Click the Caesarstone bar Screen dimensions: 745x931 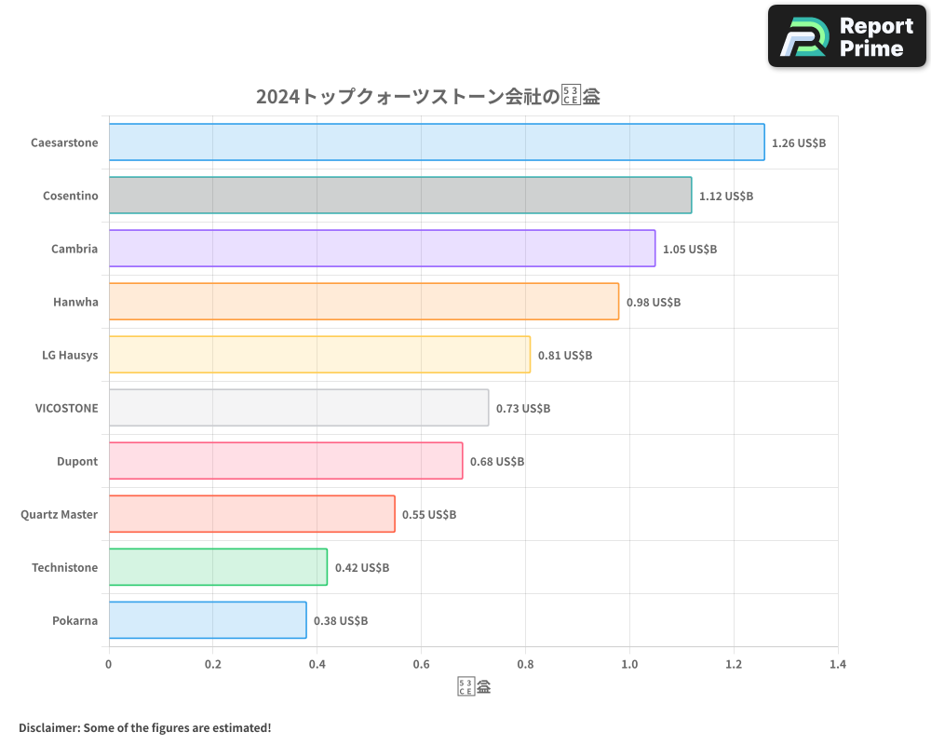coord(437,142)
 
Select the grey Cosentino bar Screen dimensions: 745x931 coord(400,196)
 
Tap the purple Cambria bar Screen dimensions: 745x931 coord(382,249)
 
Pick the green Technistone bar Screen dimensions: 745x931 coord(218,567)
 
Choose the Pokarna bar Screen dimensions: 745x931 coord(208,620)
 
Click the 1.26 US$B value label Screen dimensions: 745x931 coord(799,143)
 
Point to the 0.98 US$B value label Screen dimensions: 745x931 coord(654,303)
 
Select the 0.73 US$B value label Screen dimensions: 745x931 coord(523,409)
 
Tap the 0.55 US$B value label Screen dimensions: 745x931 coord(429,515)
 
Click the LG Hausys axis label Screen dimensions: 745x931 coord(70,355)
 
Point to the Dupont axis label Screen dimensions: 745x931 coord(77,461)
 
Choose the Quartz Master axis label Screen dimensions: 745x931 coord(59,514)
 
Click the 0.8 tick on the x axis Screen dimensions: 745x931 coord(525,665)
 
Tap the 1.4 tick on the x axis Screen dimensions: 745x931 coord(838,665)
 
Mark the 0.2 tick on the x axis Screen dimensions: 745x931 coord(213,665)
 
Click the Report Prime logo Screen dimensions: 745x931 coord(847,36)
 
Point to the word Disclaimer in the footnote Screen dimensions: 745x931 coord(48,727)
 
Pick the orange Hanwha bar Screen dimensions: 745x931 coord(364,302)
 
